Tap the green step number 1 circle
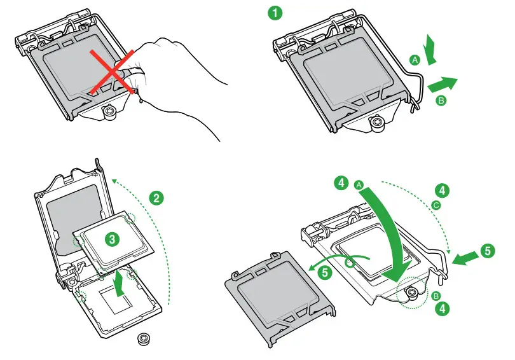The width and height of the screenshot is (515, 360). [x=275, y=12]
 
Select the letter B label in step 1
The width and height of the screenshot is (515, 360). [x=441, y=100]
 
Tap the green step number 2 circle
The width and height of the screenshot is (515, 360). [x=156, y=197]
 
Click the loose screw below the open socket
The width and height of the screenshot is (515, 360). [x=144, y=338]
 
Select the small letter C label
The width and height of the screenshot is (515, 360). [x=436, y=205]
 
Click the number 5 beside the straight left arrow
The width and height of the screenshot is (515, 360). [x=487, y=251]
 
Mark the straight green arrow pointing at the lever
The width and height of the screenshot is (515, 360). [x=466, y=256]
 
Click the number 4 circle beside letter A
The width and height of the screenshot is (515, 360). [x=342, y=183]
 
